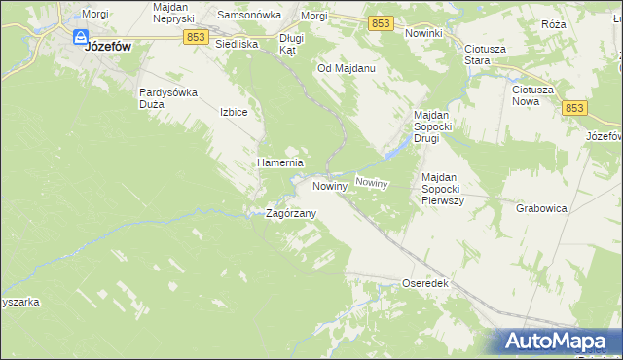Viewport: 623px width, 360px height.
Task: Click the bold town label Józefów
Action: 109,46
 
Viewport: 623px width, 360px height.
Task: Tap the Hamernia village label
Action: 280,162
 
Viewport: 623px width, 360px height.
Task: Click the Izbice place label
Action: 235,112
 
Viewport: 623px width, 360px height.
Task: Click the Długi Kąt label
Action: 291,44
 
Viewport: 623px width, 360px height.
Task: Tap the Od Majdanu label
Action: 347,69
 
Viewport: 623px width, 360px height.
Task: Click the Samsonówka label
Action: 248,16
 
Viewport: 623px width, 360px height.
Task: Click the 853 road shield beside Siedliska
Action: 195,36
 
